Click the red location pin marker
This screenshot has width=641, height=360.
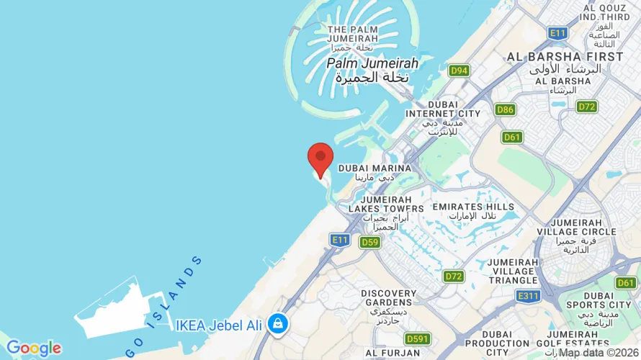[x=320, y=158]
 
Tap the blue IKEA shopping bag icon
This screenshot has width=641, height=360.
[x=277, y=324]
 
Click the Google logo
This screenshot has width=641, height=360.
[x=33, y=348]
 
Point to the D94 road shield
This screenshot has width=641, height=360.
[x=459, y=71]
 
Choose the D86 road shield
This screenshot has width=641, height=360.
[x=505, y=109]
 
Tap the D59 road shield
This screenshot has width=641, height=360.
[x=369, y=242]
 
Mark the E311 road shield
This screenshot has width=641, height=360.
[x=528, y=296]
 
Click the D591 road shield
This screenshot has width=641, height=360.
[x=417, y=338]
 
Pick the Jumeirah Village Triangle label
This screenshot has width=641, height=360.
[x=512, y=271]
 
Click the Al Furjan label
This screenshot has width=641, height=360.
[x=392, y=353]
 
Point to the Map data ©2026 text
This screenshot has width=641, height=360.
[x=599, y=353]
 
